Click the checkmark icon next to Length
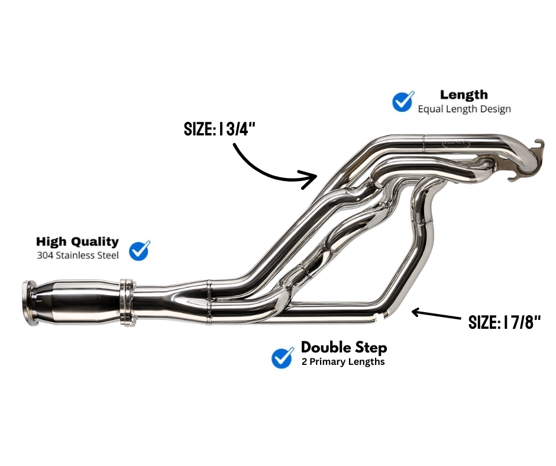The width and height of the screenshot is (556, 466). (403, 101)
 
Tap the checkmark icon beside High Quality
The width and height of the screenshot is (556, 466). (140, 250)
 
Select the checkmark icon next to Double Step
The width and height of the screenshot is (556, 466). (283, 357)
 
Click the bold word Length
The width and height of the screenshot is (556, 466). (464, 95)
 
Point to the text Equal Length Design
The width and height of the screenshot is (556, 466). (464, 109)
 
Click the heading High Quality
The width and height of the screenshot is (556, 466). (77, 242)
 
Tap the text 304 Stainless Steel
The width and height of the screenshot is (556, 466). (77, 255)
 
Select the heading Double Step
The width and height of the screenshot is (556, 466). (344, 347)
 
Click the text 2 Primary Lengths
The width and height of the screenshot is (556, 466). (342, 361)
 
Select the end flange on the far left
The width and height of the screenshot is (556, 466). (27, 303)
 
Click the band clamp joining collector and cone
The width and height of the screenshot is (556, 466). (125, 303)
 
